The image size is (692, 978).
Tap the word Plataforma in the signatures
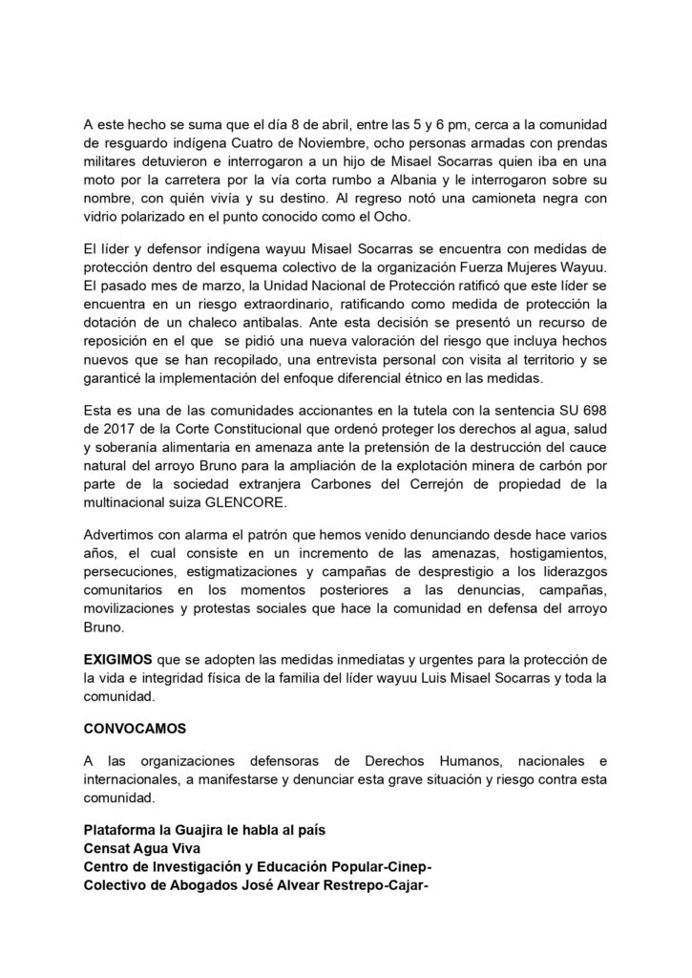(118, 830)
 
